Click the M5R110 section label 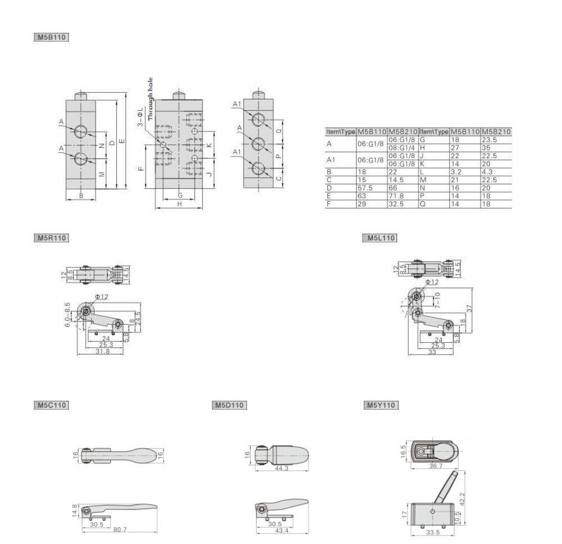[51, 238]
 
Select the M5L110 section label [379, 238]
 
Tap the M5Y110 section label [382, 405]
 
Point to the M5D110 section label [230, 405]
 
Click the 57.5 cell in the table [366, 188]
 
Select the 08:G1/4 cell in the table [402, 148]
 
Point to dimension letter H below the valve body [179, 204]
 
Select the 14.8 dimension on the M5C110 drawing [74, 510]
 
